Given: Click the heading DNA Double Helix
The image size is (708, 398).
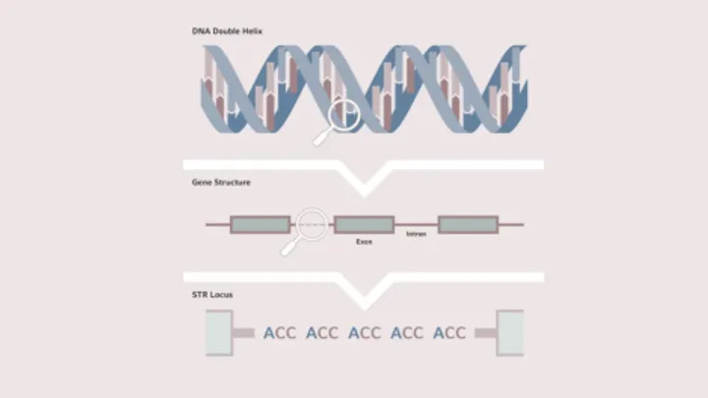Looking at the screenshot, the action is click(227, 31).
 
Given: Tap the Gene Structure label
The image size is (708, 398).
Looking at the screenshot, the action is click(221, 183).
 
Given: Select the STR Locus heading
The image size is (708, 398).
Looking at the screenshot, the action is click(212, 295).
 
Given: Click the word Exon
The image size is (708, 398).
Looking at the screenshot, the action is click(364, 242).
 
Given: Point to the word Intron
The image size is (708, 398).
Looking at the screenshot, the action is click(416, 234).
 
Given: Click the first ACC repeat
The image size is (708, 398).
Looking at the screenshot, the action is click(279, 333).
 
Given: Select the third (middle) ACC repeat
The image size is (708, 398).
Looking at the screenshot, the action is click(365, 333).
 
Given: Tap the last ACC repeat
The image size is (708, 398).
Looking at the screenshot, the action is click(449, 333).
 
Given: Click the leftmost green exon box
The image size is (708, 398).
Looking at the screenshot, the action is click(260, 225).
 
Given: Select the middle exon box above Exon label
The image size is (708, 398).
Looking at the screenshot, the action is click(364, 225).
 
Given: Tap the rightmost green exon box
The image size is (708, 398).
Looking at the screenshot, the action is click(468, 225).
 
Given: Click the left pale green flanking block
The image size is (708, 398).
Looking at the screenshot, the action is click(219, 333).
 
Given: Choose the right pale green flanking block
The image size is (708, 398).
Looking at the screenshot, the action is click(510, 333).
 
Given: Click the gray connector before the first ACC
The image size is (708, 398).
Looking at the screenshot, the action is click(244, 333).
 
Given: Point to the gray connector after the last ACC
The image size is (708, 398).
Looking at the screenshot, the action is click(486, 333).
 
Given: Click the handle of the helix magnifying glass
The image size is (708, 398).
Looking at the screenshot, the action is click(322, 138).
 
